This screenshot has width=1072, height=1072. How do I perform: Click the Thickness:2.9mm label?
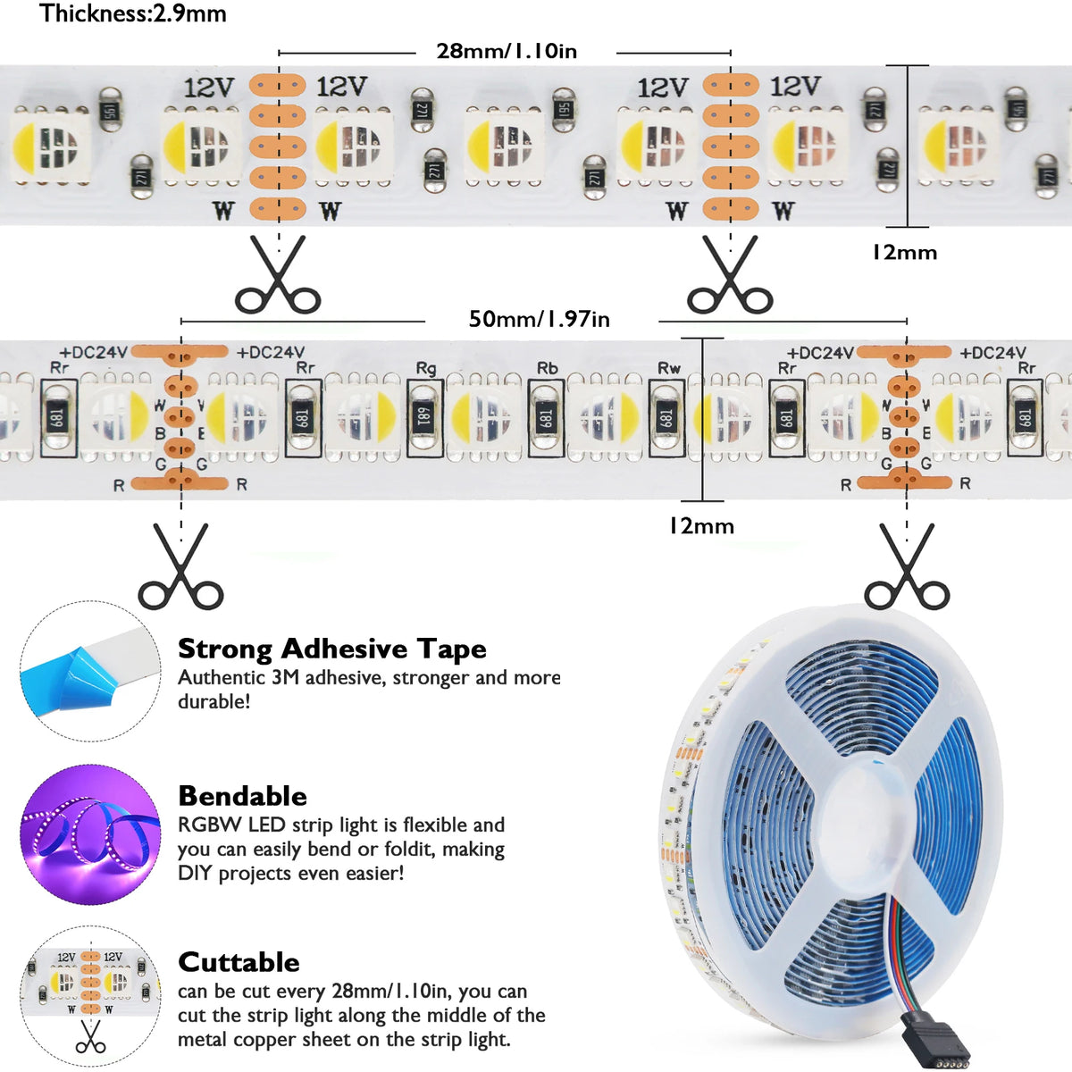[x=133, y=13]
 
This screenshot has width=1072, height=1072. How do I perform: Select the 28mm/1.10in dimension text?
[x=507, y=51]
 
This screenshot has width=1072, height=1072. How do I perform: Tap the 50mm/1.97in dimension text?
[x=539, y=319]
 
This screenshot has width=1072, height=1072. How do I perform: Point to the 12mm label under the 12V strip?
[x=904, y=253]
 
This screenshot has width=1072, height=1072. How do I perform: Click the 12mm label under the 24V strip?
[x=701, y=525]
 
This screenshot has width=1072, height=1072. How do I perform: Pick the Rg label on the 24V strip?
[x=426, y=368]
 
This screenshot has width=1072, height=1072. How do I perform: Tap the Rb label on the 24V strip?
[x=547, y=368]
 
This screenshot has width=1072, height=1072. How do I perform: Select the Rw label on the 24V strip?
[x=669, y=368]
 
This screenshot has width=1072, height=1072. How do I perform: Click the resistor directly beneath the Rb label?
[x=547, y=417]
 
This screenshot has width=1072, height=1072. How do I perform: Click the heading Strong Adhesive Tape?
[x=332, y=649]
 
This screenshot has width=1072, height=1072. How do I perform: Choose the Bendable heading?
[x=243, y=796]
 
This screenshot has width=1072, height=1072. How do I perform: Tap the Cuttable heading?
[x=239, y=962]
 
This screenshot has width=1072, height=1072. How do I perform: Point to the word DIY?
[x=195, y=874]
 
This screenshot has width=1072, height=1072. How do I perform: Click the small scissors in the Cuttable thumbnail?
[x=91, y=1037]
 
